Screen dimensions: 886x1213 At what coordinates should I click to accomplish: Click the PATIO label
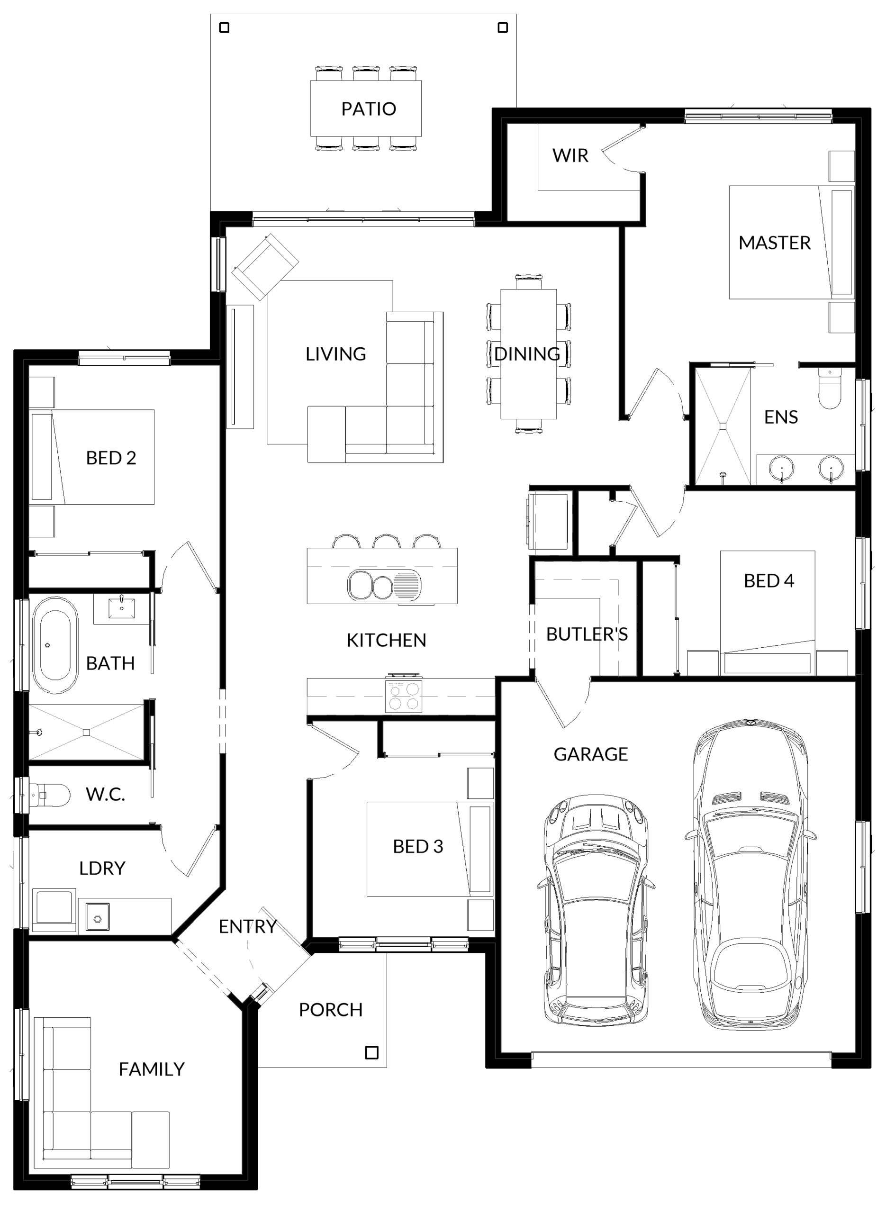[369, 109]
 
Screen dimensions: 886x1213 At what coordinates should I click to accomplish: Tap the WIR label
[570, 155]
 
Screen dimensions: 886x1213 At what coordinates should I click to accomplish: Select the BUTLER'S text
[587, 634]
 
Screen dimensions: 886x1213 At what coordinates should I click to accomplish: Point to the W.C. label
[105, 794]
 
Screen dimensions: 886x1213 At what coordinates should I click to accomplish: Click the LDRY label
[102, 868]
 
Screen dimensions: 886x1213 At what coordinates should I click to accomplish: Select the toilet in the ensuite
[830, 388]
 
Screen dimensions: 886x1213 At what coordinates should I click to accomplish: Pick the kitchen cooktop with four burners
[403, 696]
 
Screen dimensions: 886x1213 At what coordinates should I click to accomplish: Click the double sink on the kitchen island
[384, 585]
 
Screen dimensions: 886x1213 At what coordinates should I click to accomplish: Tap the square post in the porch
[371, 1053]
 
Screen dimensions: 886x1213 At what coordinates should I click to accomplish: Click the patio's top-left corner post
[225, 27]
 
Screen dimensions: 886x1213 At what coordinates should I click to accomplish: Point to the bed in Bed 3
[430, 849]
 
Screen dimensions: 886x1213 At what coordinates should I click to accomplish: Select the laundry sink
[98, 916]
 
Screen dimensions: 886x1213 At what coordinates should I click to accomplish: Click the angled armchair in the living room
[265, 266]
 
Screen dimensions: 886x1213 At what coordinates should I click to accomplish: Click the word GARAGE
[590, 754]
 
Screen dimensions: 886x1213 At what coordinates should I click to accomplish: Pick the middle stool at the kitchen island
[387, 541]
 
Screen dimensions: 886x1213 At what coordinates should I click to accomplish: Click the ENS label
[781, 417]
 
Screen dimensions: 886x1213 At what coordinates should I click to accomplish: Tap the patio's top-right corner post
[503, 27]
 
